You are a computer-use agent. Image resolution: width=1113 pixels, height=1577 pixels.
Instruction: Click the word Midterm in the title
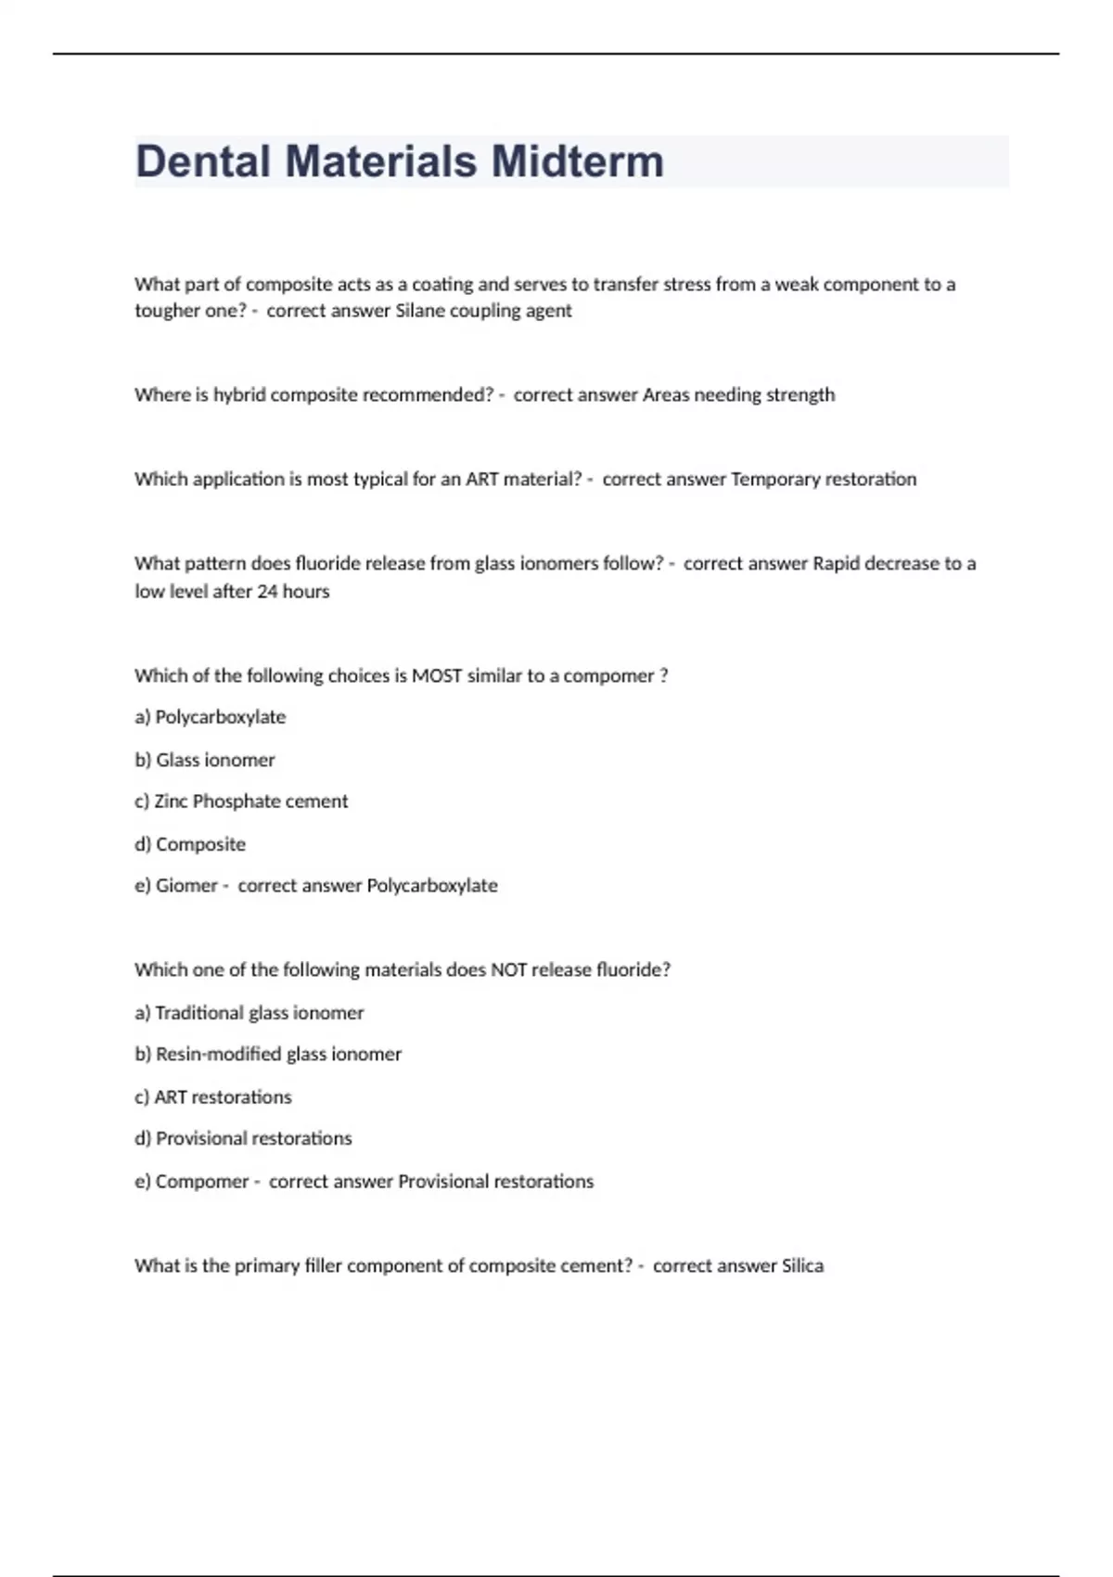[x=577, y=161]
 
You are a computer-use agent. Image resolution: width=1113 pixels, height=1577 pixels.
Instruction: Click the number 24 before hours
[x=267, y=592]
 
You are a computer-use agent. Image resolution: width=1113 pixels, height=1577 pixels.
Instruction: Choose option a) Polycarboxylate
[x=211, y=717]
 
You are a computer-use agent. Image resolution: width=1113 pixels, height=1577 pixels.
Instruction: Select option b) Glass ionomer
[x=205, y=761]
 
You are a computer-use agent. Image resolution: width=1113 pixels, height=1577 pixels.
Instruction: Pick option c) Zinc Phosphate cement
[x=241, y=801]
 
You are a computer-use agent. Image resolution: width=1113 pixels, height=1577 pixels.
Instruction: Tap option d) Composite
[x=190, y=844]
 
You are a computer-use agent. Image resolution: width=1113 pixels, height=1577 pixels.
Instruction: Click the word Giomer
[x=186, y=886]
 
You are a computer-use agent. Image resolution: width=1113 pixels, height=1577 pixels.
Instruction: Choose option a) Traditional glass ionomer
[x=249, y=1013]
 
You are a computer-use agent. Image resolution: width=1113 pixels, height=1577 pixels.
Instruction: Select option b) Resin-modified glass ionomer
[x=268, y=1055]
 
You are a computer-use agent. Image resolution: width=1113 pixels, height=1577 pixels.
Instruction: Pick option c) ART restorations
[x=213, y=1097]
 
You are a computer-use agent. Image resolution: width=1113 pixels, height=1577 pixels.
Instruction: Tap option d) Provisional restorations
[x=243, y=1139]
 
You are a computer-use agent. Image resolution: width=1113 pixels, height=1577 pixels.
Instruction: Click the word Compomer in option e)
[x=202, y=1182]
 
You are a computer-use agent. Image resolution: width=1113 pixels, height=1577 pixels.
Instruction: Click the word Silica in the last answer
[x=802, y=1266]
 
